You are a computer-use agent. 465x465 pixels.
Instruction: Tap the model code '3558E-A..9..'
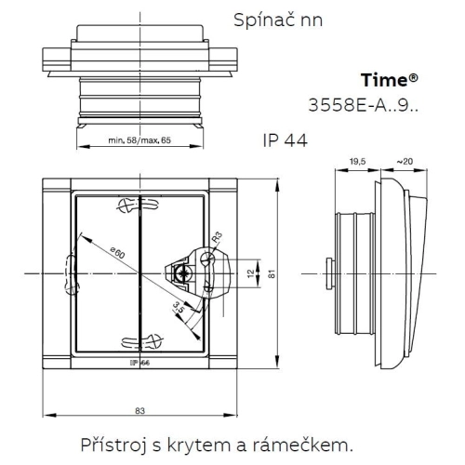[x=365, y=103]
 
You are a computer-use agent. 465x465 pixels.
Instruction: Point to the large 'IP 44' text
[x=285, y=140]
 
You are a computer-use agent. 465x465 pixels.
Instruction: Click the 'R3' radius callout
[x=217, y=237]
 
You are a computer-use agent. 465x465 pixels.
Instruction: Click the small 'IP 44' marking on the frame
[x=140, y=362]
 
